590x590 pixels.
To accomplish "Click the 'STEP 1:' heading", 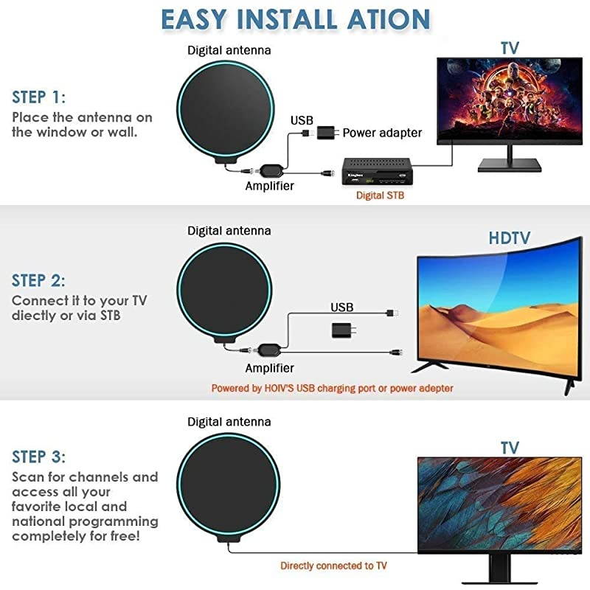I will [x=39, y=97].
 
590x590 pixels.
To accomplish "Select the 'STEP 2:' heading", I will [x=39, y=281].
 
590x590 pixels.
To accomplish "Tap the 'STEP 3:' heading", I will [x=39, y=456].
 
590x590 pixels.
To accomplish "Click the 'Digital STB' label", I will [x=380, y=195].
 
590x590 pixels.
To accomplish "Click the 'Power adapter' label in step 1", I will [x=382, y=133].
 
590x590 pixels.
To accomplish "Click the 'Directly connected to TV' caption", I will [x=333, y=566].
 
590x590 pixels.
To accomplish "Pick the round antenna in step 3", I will [x=218, y=487].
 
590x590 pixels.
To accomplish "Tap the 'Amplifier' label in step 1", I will [x=269, y=187].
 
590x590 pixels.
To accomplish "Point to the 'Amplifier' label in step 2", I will [x=269, y=367].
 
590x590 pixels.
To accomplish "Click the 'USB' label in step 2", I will [x=342, y=307].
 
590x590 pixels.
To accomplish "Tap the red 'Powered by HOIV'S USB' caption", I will [x=332, y=388].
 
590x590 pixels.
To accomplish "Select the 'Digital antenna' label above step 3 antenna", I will [x=229, y=422].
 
